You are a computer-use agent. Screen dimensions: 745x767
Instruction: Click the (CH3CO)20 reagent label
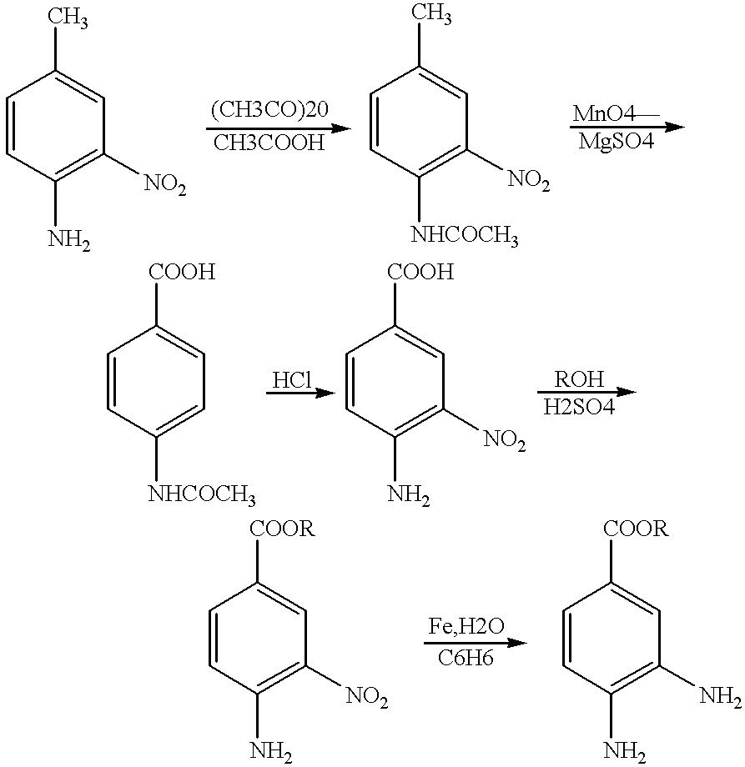269,109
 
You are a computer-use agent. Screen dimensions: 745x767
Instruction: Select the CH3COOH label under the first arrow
269,143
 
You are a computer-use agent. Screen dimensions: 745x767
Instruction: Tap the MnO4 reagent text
604,114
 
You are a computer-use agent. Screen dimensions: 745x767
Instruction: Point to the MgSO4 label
617,142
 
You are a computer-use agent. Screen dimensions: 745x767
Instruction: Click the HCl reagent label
292,380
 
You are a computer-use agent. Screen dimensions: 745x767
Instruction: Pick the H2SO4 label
579,407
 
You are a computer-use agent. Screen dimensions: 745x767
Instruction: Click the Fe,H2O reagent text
466,626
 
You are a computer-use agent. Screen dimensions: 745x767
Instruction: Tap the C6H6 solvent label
466,658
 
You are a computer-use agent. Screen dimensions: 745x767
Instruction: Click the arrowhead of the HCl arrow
326,393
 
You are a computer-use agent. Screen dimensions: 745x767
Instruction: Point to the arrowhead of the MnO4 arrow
673,128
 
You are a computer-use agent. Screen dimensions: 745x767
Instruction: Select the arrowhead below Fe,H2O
517,642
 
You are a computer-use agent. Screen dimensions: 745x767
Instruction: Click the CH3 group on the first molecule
68,18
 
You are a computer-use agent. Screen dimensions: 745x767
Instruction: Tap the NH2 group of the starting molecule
69,240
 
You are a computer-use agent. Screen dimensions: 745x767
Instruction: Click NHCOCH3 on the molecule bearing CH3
465,236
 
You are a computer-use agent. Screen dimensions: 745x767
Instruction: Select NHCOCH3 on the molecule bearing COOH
202,494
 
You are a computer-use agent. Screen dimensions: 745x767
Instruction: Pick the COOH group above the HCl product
420,272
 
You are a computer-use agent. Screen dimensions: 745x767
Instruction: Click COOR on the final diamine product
636,529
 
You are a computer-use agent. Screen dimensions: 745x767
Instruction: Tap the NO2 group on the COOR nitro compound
367,697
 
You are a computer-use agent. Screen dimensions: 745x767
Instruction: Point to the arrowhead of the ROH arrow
625,393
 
